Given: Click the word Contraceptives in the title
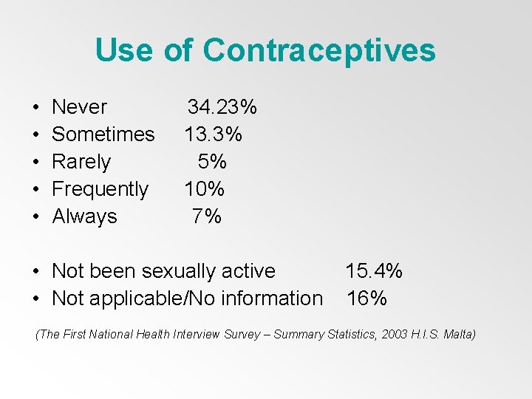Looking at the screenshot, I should tap(319, 50).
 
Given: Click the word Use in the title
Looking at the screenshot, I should tap(123, 50).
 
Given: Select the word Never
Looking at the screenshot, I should tap(80, 107).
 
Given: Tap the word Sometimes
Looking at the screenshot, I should tap(103, 134).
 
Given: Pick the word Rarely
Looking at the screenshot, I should tap(81, 162).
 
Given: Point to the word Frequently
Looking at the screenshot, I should tap(100, 189).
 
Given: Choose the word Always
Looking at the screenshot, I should tap(85, 216).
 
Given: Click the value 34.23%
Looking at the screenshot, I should tap(222, 107).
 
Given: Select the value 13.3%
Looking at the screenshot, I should tap(214, 134).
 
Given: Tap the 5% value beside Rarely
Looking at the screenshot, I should tap(212, 162).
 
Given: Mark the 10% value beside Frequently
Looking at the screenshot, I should tap(205, 189).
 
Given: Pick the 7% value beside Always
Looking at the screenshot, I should tap(207, 216).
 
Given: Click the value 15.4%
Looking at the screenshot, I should tap(374, 271).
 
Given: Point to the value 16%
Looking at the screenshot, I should tap(366, 299).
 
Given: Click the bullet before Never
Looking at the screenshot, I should tap(36, 108).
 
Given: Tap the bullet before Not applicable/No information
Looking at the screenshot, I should tap(36, 299).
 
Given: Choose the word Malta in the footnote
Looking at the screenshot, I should tap(458, 335).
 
